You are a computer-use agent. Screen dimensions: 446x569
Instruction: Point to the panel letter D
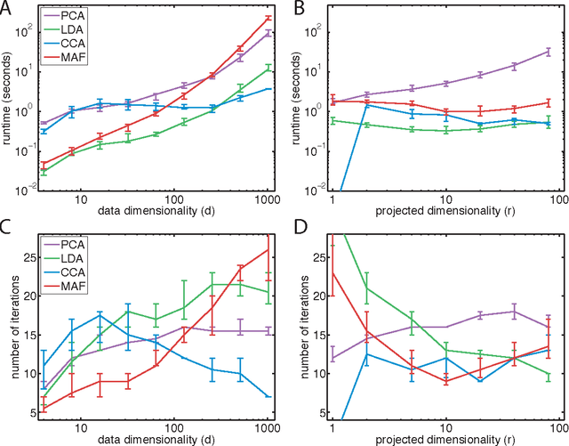301,233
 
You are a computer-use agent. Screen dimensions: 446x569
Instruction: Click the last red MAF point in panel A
269,18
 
